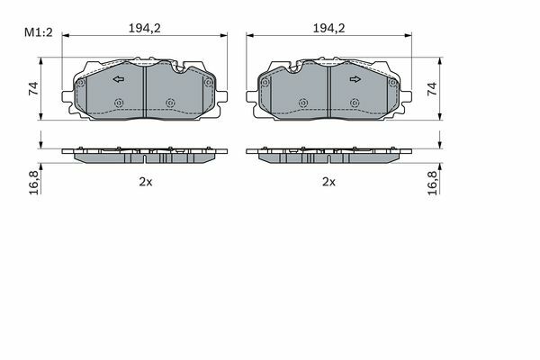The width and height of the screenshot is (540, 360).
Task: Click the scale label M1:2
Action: (x=38, y=32)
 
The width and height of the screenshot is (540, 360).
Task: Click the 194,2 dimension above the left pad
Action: (x=145, y=28)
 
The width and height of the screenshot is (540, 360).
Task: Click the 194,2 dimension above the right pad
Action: (x=328, y=28)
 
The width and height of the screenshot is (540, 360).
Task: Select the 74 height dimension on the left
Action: (x=33, y=89)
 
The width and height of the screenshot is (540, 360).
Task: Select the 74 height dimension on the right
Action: (x=432, y=89)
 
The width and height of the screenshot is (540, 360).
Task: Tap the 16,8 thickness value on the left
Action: (x=34, y=182)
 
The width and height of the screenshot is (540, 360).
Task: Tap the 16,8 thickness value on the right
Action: (x=432, y=183)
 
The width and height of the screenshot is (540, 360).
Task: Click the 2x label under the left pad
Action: (x=146, y=182)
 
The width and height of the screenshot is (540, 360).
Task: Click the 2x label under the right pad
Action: (x=328, y=182)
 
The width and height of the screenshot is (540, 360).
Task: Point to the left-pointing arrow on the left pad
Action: (x=119, y=79)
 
